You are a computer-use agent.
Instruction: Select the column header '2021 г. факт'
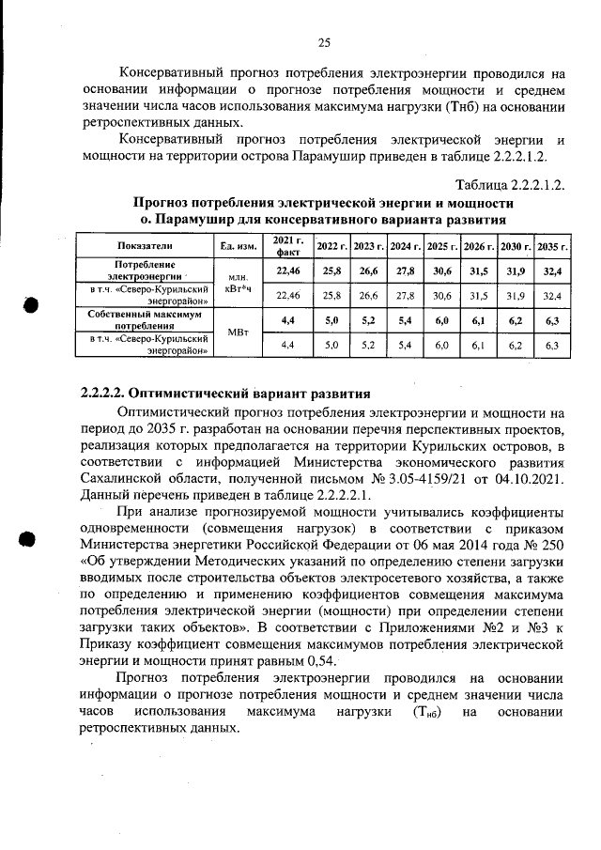[x=286, y=246]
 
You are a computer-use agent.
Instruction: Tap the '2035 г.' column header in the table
[x=552, y=246]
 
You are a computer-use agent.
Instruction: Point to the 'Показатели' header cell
[x=147, y=246]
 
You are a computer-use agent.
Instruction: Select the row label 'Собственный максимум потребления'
[x=147, y=320]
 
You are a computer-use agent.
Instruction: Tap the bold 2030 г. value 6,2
[x=516, y=320]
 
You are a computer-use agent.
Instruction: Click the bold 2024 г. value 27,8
[x=405, y=270]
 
